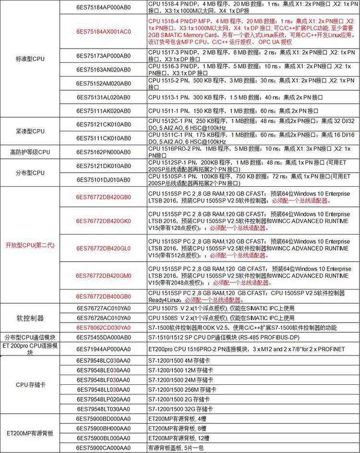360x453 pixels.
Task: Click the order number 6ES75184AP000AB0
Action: click(x=103, y=7)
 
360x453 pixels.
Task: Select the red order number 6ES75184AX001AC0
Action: click(x=103, y=31)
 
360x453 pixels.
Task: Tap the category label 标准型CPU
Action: click(x=30, y=59)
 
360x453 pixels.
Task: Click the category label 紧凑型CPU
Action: click(x=30, y=131)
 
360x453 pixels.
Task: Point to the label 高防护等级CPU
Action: click(x=30, y=152)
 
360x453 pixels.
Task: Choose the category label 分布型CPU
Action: click(x=30, y=172)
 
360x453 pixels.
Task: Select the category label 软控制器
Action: click(x=30, y=318)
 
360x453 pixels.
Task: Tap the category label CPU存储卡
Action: click(x=30, y=384)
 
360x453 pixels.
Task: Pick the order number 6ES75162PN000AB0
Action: click(x=103, y=152)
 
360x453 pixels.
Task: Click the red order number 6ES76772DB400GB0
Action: click(x=103, y=296)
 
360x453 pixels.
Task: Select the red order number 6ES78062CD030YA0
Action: click(x=103, y=327)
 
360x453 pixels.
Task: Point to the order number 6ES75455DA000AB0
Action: click(x=103, y=338)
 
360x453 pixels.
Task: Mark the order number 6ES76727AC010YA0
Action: click(x=103, y=309)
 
